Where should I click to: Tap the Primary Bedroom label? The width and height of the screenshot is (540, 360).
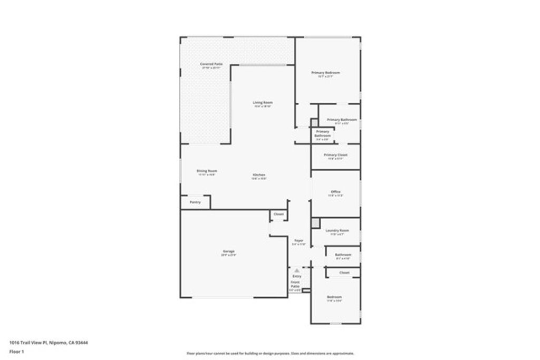coord(325,72)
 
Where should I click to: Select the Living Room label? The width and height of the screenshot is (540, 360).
coord(263,102)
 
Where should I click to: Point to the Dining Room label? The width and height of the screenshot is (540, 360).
coord(207,171)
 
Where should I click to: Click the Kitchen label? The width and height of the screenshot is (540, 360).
coord(258,174)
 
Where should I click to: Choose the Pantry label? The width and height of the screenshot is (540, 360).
coord(195,202)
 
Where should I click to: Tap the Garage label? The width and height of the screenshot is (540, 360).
coord(228,251)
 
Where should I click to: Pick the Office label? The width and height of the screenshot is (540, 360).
coord(335,191)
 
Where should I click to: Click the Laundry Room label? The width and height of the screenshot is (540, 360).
coord(337,230)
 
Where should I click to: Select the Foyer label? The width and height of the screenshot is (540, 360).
coord(298,240)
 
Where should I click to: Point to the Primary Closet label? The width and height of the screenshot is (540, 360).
coord(335,155)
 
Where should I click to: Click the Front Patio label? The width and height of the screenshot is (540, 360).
coord(295,284)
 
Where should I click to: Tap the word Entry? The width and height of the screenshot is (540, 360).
coord(297,276)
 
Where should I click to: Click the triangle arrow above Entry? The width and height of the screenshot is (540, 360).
coord(297,270)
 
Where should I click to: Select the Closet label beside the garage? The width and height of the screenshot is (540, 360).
coord(278,214)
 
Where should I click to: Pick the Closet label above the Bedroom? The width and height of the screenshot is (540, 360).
coord(344,273)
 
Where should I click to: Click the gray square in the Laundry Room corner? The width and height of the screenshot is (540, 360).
coord(315,223)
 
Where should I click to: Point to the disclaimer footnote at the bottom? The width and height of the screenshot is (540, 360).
coord(270,354)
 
